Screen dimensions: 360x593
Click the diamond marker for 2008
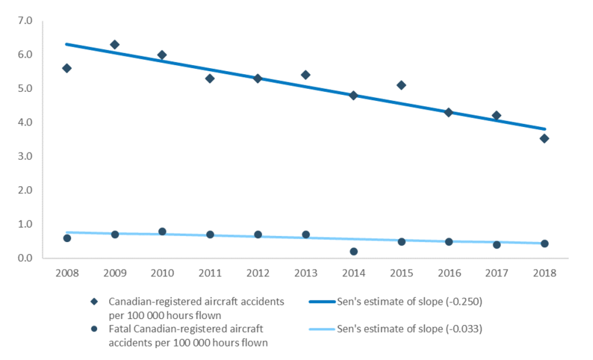pos(67,68)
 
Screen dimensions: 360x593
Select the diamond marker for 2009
pos(114,44)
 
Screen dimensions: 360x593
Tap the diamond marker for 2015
pos(401,85)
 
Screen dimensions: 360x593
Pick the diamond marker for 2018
pos(544,139)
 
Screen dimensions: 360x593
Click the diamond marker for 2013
pos(305,75)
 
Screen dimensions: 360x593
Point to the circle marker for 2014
pos(353,251)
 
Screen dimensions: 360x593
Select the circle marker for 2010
pos(162,231)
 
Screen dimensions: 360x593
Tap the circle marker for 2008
pos(67,238)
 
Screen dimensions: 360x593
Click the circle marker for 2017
pos(496,244)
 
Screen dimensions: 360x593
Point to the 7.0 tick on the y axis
pos(25,21)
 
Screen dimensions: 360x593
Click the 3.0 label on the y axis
pos(25,157)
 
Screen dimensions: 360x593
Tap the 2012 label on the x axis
pos(258,273)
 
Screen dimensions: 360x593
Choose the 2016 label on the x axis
pos(449,273)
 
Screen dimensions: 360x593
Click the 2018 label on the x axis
pos(544,273)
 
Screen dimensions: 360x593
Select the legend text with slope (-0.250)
pos(410,301)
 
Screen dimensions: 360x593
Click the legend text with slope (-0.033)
pos(410,327)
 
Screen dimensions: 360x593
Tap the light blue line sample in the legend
pos(320,327)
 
